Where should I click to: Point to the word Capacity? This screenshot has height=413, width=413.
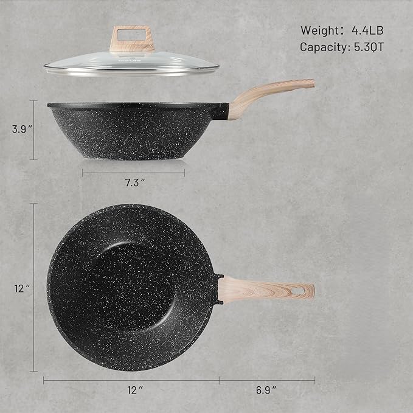[x=322, y=46]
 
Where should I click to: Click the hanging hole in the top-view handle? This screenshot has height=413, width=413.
[x=299, y=291]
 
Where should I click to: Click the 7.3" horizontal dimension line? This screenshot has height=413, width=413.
[x=133, y=173]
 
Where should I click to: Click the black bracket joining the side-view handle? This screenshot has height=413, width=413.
[x=223, y=111]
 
